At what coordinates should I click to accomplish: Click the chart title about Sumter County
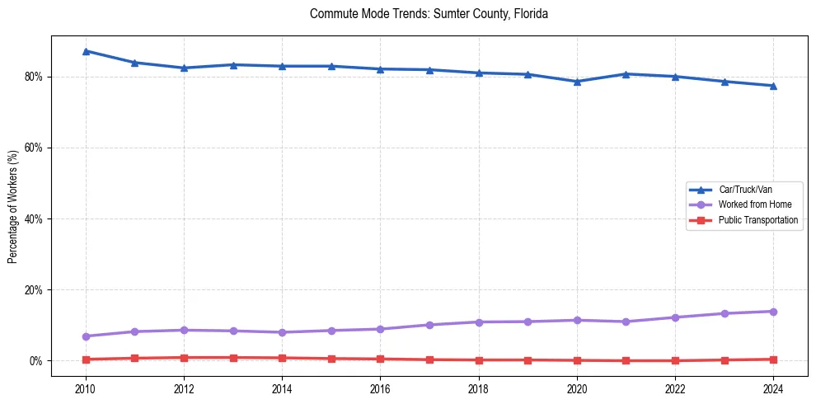[x=429, y=14]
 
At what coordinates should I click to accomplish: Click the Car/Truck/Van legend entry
[x=745, y=190]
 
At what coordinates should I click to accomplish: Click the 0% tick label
[x=36, y=361]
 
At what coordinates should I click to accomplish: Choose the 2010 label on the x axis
[x=85, y=388]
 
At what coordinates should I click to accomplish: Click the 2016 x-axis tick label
[x=380, y=388]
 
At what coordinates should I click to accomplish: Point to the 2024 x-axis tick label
[x=773, y=388]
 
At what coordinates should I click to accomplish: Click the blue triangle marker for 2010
[x=85, y=51]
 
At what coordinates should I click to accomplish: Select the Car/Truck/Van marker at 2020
[x=577, y=82]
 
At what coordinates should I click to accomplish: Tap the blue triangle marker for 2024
[x=773, y=86]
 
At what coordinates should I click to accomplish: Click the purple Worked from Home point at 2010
[x=85, y=336]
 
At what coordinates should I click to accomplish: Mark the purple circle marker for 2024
[x=773, y=312]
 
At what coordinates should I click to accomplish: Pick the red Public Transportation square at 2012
[x=184, y=358]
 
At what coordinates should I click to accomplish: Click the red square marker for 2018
[x=479, y=360]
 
